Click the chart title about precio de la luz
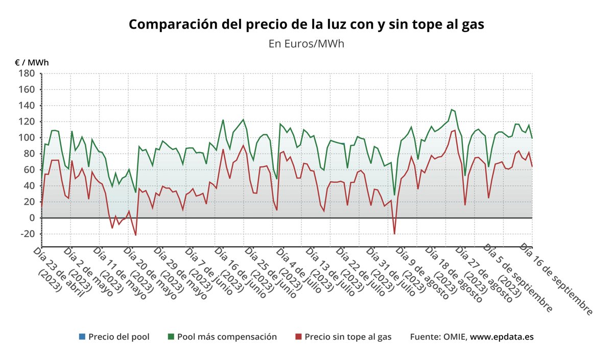tap(306, 24)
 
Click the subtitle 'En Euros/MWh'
tap(306, 43)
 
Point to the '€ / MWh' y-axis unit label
tap(32, 63)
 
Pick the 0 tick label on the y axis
tap(32, 218)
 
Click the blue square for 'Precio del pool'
tap(82, 337)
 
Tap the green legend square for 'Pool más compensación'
tap(171, 337)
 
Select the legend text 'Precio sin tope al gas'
tap(348, 337)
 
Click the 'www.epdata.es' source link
tap(502, 337)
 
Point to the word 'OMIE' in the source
tap(453, 337)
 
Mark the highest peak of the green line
tap(452, 109)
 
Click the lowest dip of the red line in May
tap(135, 235)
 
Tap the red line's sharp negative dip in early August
tap(394, 234)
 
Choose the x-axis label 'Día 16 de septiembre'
tap(557, 278)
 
